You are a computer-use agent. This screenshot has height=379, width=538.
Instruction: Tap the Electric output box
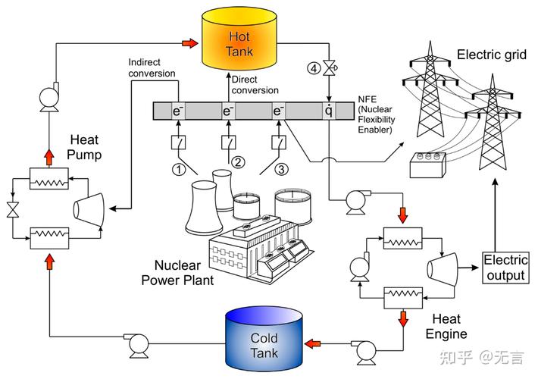coord(505,268)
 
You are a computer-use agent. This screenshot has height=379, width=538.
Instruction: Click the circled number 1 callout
coord(179,168)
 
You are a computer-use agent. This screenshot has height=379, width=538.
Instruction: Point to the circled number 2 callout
coord(236,161)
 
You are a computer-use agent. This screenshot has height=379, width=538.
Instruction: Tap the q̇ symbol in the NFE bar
coord(329,111)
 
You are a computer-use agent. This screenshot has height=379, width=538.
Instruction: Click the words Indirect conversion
coord(152,67)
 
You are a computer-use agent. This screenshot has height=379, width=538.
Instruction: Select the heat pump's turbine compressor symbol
coord(89,206)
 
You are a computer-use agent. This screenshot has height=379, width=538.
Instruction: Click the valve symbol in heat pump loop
coord(12,208)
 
